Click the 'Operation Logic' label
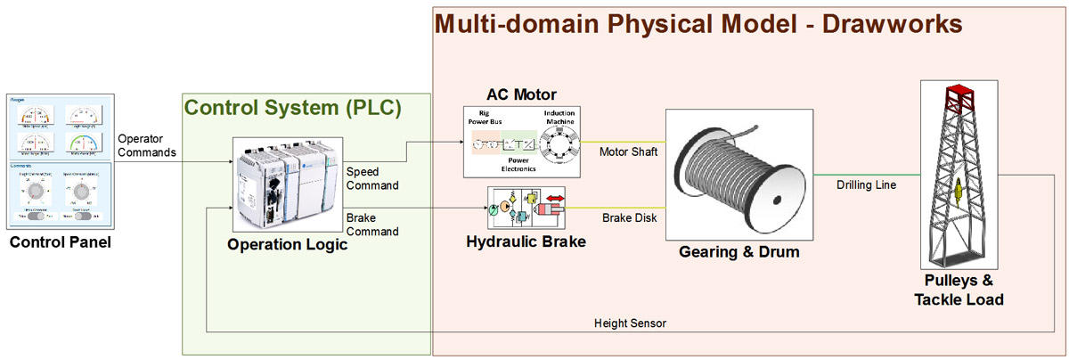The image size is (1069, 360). click(x=287, y=245)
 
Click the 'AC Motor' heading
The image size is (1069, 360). click(x=521, y=94)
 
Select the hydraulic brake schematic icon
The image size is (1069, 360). click(x=526, y=208)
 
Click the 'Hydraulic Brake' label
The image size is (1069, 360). click(x=526, y=241)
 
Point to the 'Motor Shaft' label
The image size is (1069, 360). click(x=628, y=151)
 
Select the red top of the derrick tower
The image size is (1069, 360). click(x=959, y=93)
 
